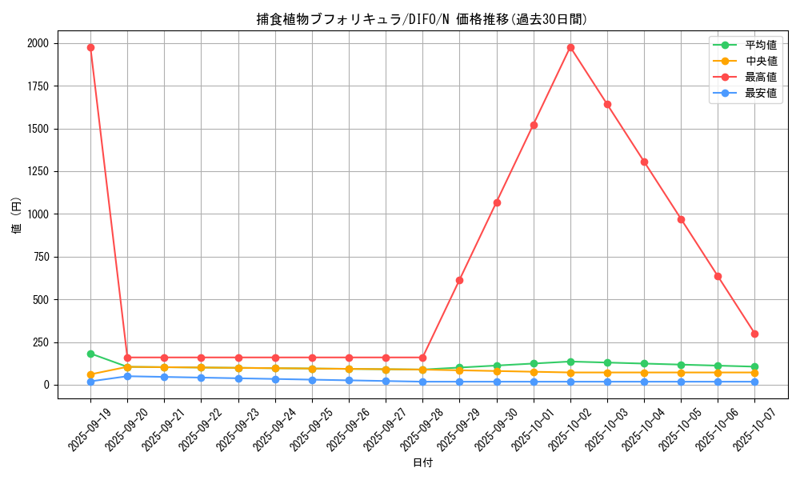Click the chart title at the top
pos(422,20)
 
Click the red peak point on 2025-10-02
pos(570,47)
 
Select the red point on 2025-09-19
pos(90,47)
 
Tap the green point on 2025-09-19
pos(90,354)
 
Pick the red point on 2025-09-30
pos(497,202)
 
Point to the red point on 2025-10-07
pos(754,334)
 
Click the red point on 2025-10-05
pos(681,219)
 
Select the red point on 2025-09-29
pos(459,280)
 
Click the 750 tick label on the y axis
pos(40,257)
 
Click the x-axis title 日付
pos(422,463)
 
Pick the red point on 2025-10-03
pos(607,104)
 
